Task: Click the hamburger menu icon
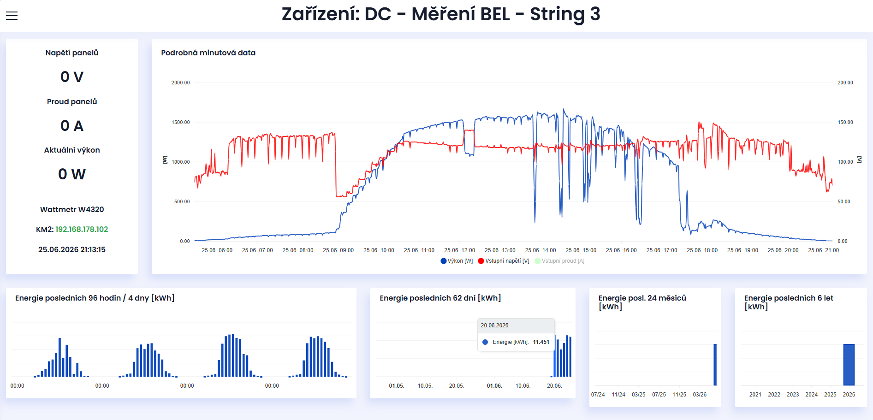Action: (12, 16)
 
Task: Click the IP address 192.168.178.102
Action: (82, 229)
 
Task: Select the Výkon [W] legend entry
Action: (457, 261)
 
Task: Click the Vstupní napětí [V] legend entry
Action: (504, 261)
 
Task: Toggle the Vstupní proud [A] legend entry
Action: (559, 261)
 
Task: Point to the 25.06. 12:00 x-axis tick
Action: (459, 250)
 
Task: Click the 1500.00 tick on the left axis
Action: (181, 122)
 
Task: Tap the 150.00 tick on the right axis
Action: (845, 122)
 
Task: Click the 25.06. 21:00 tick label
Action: (823, 250)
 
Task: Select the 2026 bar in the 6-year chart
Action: (849, 365)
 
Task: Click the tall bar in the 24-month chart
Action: (715, 365)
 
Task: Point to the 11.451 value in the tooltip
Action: (541, 342)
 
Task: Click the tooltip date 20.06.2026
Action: (494, 325)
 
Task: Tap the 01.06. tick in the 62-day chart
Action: (494, 386)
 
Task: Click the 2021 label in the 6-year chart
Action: (755, 395)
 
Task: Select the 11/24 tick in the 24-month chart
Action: (618, 395)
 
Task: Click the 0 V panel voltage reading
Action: (72, 77)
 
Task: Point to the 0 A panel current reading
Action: (72, 126)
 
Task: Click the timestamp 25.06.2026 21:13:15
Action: (72, 249)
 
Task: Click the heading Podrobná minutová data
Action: (208, 53)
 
